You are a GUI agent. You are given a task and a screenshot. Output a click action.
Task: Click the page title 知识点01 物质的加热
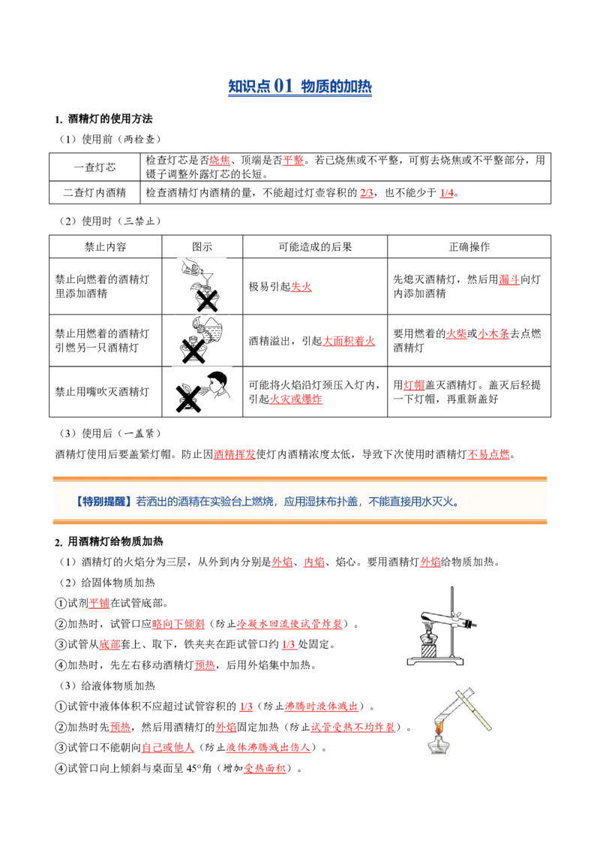point(300,86)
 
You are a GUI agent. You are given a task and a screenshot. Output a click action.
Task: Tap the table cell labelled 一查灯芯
point(94,167)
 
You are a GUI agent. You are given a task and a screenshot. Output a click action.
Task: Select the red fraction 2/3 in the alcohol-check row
point(367,193)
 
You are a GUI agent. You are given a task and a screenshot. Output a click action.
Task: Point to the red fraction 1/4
point(447,193)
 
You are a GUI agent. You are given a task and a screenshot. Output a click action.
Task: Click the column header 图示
point(202,246)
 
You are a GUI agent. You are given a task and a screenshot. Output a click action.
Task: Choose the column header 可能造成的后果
point(315,246)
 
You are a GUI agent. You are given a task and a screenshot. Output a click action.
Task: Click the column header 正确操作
point(469,246)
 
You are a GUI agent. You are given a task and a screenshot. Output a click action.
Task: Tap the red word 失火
point(301,287)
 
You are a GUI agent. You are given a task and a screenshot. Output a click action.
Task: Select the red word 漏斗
point(509,280)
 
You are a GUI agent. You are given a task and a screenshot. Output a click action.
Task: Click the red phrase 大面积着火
point(349,341)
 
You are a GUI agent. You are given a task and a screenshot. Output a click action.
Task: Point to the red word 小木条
point(493,334)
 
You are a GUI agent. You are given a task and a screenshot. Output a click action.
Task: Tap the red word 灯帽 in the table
point(414,385)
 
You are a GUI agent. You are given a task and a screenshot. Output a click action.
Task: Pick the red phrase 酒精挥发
point(235,454)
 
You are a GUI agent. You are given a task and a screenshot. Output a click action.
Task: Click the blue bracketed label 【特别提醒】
point(103,502)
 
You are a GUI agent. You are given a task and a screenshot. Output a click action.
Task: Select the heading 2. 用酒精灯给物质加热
point(109,541)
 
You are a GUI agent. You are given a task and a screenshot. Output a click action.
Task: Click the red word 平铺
point(99,604)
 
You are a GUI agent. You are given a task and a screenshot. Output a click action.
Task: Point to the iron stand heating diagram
point(442,626)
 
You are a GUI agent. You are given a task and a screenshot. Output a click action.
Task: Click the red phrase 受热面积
point(265,768)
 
